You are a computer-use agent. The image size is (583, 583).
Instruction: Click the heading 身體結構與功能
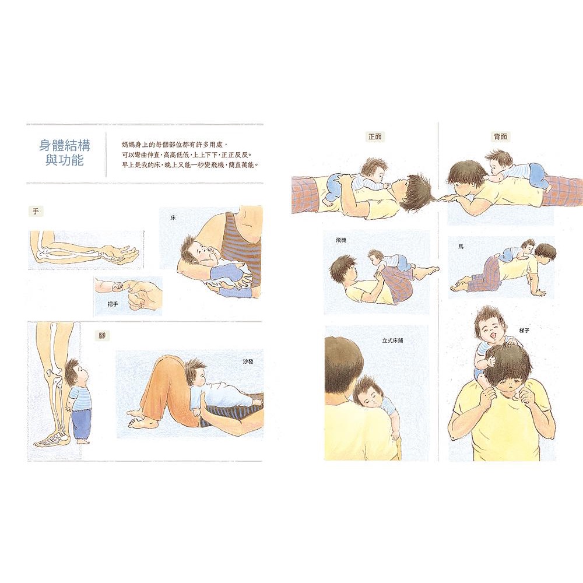(x=65, y=152)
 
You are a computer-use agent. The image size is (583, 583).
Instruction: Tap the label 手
(x=36, y=212)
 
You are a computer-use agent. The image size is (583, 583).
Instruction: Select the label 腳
(x=102, y=336)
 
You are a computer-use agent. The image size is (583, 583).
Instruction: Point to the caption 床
(x=173, y=218)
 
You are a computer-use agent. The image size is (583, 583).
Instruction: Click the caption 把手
(x=113, y=304)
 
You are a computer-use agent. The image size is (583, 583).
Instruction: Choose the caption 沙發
(x=248, y=361)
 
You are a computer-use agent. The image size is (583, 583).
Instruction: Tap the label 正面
(x=375, y=137)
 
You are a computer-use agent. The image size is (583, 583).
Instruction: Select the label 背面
(x=500, y=137)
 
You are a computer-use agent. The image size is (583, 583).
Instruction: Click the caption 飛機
(x=340, y=241)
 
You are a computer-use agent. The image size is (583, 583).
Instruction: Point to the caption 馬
(x=461, y=247)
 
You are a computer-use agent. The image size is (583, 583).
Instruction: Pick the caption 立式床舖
(x=392, y=340)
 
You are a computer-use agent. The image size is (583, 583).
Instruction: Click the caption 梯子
(x=524, y=330)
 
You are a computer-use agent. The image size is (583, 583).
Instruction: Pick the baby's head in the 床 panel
(x=198, y=252)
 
